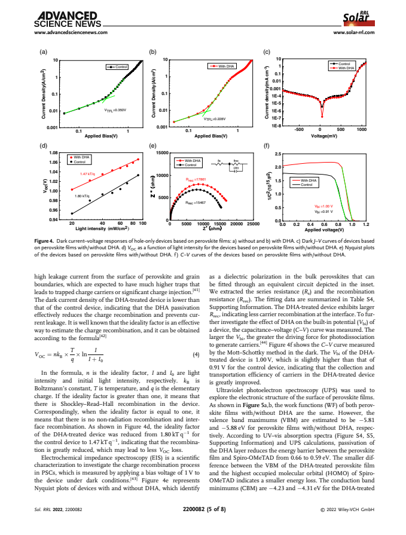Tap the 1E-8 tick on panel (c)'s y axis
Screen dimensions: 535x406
click(x=276, y=126)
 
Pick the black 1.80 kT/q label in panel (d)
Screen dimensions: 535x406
click(x=82, y=195)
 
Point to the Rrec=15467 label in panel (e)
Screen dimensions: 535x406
click(x=195, y=203)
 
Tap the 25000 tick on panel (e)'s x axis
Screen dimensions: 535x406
click(x=253, y=224)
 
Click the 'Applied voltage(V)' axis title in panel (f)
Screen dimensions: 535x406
click(x=325, y=230)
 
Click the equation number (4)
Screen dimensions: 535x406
click(x=196, y=356)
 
